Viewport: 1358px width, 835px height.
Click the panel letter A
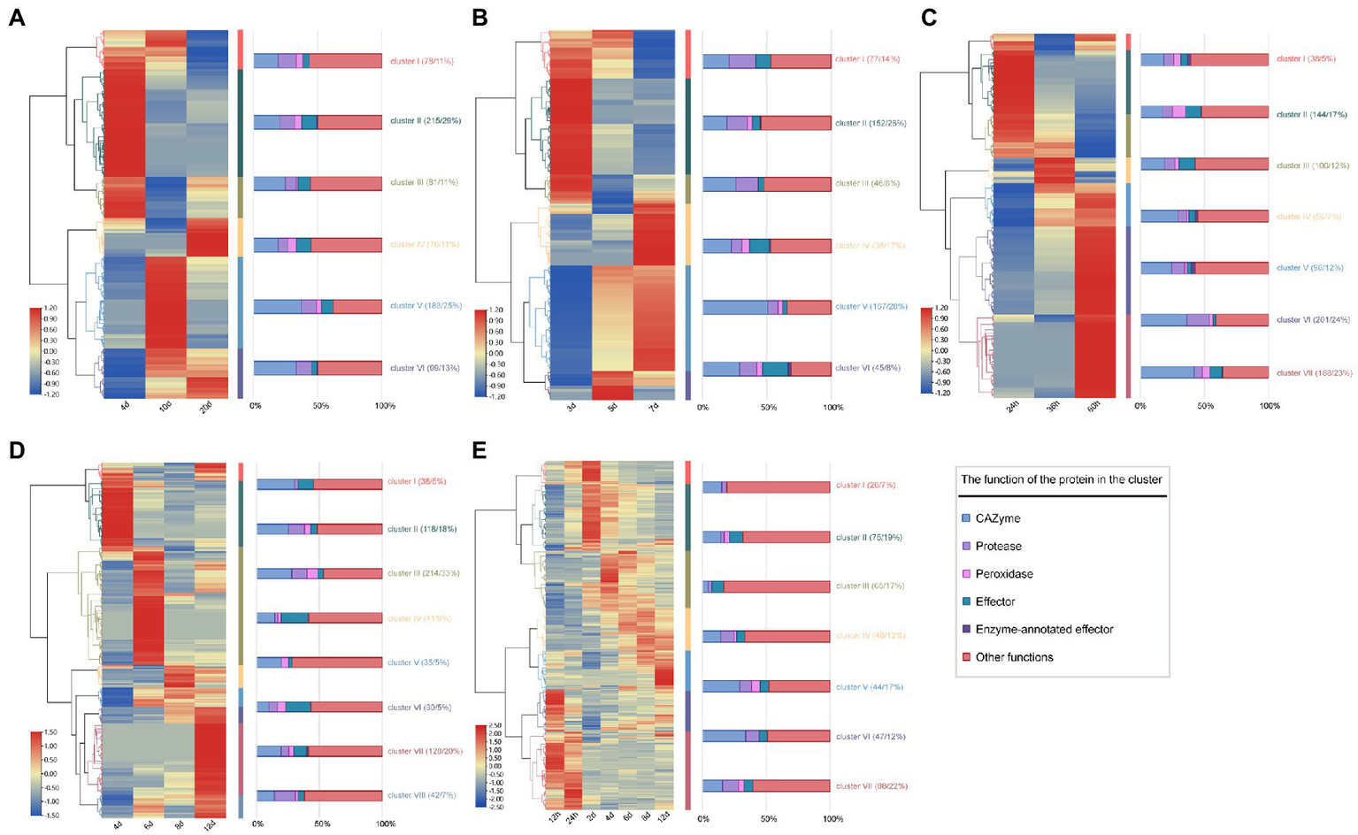16,18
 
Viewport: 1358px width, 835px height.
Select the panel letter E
480,450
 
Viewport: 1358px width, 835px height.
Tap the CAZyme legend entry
997,518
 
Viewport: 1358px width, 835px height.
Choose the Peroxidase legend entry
1004,574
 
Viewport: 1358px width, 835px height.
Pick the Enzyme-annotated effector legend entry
1044,630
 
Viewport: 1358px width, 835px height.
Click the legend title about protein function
1062,479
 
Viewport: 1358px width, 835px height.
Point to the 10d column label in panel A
165,406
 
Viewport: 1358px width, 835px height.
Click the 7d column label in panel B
654,406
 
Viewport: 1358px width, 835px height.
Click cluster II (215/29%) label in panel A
426,121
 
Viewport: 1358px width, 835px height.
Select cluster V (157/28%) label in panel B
871,307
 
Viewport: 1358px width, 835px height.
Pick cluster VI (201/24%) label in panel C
1314,320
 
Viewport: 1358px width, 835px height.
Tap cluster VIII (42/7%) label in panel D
422,795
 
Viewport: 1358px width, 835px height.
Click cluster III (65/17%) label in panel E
870,586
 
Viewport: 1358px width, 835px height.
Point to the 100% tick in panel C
1270,406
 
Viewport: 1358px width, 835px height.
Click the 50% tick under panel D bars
321,824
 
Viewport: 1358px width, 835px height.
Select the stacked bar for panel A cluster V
318,306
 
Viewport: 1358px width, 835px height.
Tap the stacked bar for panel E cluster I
766,487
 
